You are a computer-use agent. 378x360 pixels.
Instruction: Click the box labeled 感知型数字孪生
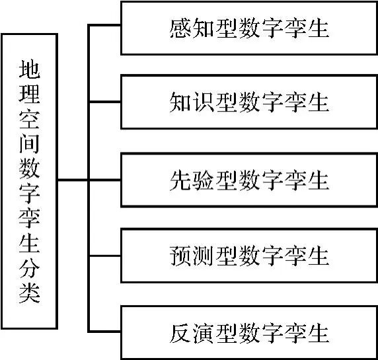point(248,28)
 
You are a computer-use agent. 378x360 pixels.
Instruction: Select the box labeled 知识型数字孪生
point(248,104)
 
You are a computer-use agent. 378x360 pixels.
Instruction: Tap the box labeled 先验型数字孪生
point(248,180)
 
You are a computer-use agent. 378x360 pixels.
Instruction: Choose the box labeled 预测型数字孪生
point(248,256)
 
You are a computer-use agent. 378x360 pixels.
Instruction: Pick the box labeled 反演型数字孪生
point(248,332)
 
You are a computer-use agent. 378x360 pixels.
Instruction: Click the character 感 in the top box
point(180,28)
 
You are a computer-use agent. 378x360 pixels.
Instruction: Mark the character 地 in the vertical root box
point(30,69)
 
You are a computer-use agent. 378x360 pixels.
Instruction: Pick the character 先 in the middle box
point(180,180)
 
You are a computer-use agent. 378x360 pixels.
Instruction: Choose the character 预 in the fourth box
point(180,256)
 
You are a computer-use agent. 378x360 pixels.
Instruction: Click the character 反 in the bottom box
point(180,332)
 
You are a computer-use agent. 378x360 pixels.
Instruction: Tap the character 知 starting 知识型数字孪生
point(180,104)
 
